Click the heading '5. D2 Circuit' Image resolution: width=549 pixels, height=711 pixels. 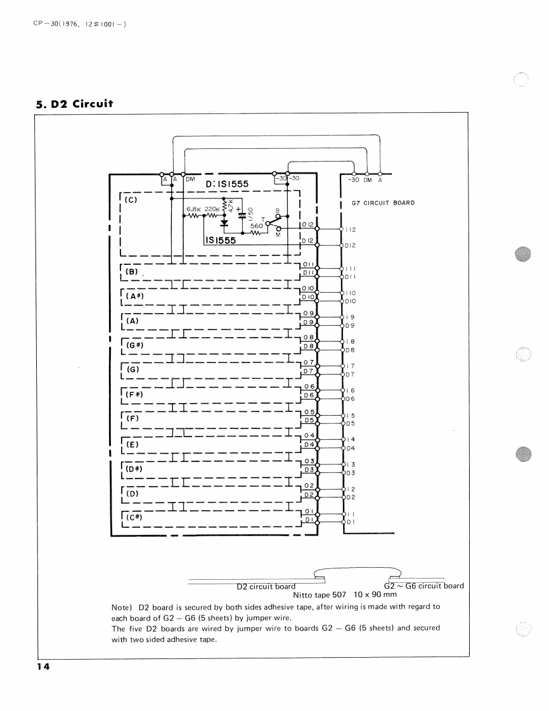[x=74, y=103]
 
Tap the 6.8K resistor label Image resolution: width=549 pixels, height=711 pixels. [x=193, y=208]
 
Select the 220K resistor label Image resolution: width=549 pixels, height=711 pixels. [x=211, y=208]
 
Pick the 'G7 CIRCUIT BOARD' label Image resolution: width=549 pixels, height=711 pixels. [x=378, y=203]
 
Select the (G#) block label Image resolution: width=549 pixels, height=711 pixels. [x=134, y=345]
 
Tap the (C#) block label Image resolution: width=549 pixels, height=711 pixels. [x=134, y=516]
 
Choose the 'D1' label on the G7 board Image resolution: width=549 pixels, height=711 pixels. [x=349, y=522]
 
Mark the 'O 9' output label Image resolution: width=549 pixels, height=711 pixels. [x=309, y=313]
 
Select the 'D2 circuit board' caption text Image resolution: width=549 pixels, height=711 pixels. [x=265, y=586]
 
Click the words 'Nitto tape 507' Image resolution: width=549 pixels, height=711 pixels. [x=319, y=594]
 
